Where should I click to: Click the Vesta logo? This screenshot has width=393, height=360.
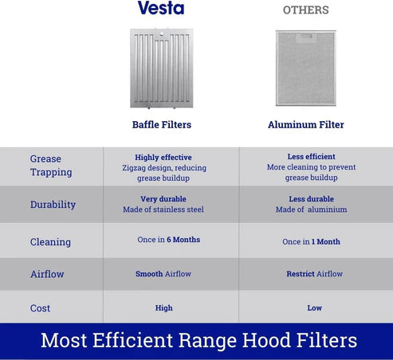coord(161,8)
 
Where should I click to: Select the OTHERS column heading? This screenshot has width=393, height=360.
coord(306,10)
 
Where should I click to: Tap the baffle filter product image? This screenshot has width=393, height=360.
coord(162,68)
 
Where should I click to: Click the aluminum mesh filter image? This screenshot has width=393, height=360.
coord(306,68)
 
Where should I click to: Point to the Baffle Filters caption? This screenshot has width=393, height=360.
coord(162,124)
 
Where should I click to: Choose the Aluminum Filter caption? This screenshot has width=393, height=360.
coord(306,124)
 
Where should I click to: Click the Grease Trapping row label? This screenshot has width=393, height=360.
coord(51,166)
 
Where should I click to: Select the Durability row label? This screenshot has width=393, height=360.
coord(53,205)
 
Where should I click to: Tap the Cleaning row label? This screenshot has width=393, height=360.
coord(50,242)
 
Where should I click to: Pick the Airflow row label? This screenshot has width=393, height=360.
coord(47,274)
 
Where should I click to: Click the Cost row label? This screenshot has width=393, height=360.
coord(40,308)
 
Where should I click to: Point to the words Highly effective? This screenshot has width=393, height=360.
coord(163,158)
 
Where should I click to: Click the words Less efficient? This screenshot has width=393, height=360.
coord(311,157)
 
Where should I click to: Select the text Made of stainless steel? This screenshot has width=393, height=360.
coord(163,209)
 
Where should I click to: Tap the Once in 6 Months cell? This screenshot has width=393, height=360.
coord(169,240)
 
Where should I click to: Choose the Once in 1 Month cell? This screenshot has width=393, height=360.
coord(311,241)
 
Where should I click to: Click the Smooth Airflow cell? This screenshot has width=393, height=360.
coord(163,274)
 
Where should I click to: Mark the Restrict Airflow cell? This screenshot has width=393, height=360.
coord(315,274)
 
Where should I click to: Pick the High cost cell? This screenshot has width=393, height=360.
coord(164,308)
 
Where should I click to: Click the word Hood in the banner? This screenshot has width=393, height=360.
coord(266,340)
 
